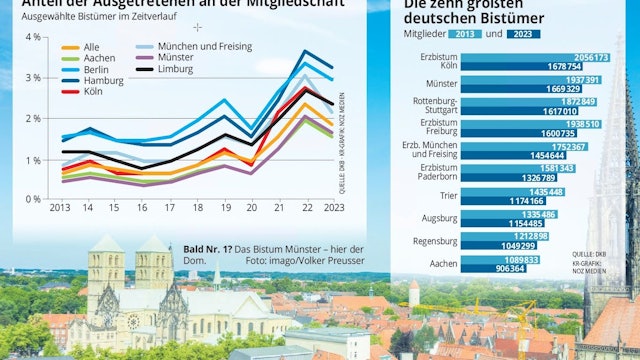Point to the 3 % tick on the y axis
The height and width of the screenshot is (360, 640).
pos(34,77)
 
